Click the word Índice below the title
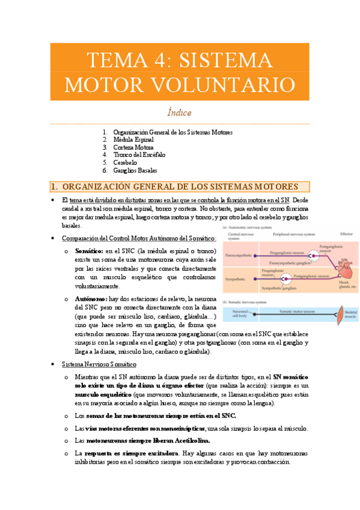tap(180, 112)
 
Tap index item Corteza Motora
tap(137, 147)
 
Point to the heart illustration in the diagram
tap(344, 266)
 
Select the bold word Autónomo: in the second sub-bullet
tap(91, 298)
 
